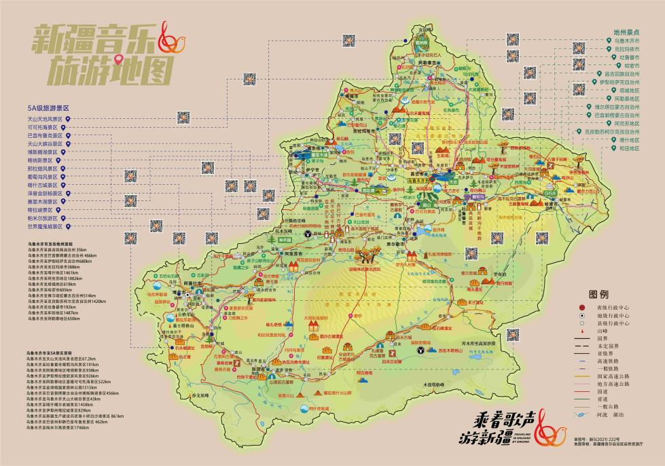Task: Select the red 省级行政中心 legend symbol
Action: point(581,308)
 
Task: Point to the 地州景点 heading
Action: point(627,32)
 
